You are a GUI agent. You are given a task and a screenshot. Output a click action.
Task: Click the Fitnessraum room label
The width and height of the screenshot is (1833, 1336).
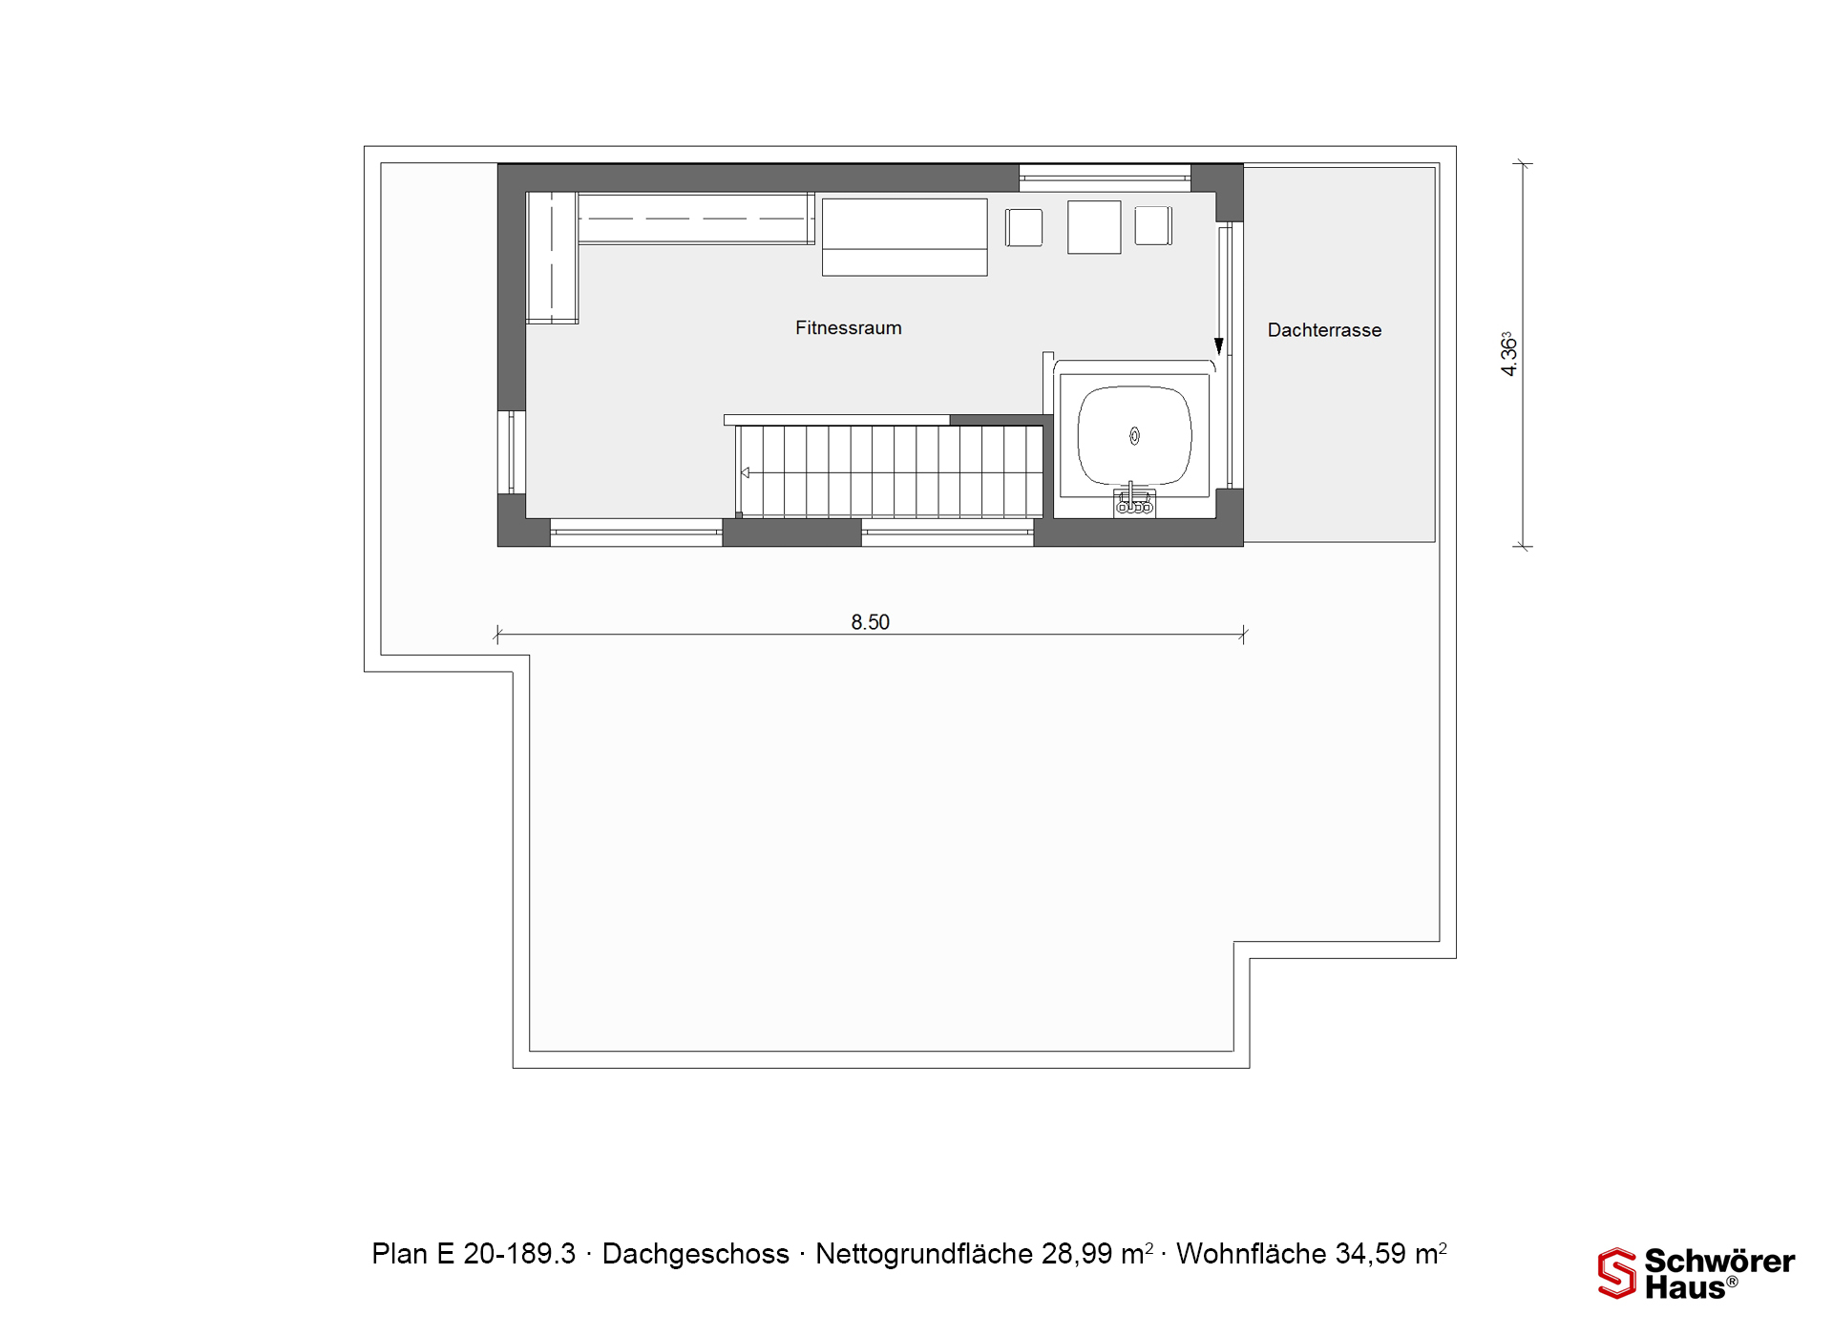848,327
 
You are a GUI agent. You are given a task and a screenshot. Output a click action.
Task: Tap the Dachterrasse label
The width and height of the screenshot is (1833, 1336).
1324,330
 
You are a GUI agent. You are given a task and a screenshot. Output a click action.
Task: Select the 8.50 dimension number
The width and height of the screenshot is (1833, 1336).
870,622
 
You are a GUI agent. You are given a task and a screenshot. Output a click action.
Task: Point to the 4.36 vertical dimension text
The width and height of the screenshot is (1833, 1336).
1507,354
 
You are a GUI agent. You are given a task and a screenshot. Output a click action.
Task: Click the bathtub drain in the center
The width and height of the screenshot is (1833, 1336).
1134,436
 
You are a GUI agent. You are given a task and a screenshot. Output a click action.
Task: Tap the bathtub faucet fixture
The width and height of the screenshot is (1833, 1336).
1134,501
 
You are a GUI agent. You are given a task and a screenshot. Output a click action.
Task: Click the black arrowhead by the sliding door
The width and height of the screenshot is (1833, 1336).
1218,346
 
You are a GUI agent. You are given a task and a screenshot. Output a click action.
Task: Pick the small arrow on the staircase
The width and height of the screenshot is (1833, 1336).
745,472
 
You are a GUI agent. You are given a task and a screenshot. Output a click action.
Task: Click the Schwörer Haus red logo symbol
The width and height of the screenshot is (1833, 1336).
1616,1273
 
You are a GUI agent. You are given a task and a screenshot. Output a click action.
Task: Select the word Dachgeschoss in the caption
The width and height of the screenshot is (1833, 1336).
695,1253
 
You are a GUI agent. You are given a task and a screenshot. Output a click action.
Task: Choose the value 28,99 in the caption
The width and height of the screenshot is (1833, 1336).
1076,1253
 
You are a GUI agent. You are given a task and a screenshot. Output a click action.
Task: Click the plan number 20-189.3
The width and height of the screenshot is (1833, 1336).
519,1253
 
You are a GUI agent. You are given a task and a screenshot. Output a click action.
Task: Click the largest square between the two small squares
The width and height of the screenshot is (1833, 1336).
1094,227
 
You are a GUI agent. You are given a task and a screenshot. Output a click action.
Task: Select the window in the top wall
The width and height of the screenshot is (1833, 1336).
1105,177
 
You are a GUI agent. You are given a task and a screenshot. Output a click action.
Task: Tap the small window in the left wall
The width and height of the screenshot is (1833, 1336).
512,452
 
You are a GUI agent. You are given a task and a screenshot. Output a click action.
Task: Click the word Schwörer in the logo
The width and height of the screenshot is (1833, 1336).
1719,1261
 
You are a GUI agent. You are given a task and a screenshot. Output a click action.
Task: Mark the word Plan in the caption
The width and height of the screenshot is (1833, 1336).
400,1253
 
